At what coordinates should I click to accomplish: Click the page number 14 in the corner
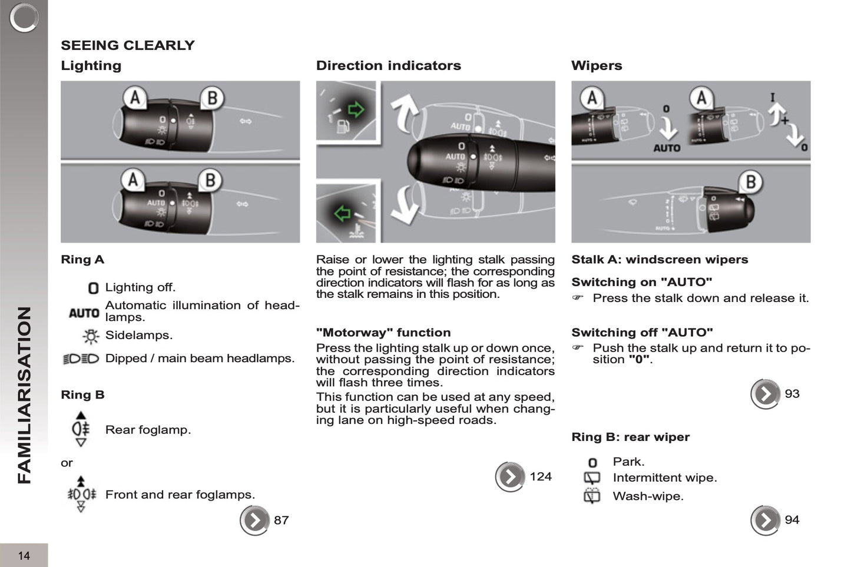(24, 555)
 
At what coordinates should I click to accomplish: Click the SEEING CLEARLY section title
(127, 45)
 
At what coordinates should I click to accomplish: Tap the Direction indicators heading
(388, 65)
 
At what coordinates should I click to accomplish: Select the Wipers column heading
(596, 65)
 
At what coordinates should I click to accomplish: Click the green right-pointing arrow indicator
(356, 110)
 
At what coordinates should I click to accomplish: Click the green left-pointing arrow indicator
(342, 213)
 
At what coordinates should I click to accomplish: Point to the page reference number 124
(540, 476)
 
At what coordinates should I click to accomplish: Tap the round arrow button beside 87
(254, 520)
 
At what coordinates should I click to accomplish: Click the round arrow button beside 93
(765, 394)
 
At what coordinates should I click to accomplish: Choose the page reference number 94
(792, 520)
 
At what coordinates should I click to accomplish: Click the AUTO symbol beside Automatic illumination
(84, 313)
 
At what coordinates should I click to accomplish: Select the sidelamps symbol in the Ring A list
(91, 336)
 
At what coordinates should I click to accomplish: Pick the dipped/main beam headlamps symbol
(81, 359)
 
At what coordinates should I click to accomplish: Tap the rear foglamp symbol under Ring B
(81, 429)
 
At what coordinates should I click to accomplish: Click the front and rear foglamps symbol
(81, 495)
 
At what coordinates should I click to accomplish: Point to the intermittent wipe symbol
(592, 478)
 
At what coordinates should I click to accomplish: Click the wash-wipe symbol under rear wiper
(592, 496)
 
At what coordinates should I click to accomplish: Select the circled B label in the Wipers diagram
(750, 183)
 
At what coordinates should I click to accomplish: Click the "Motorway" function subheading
(383, 333)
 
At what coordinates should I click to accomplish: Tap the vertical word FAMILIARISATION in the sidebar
(24, 394)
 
